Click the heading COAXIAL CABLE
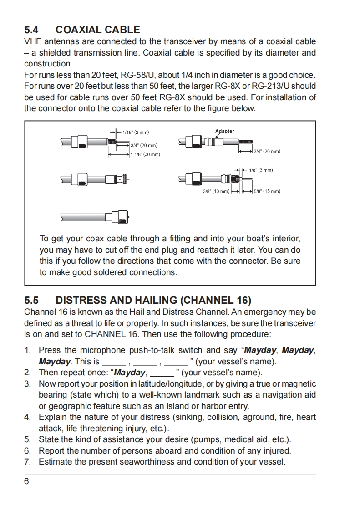97,30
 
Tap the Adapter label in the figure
224,131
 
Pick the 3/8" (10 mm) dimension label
216,191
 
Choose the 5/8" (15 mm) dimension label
267,191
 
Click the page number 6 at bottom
26,482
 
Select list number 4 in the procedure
27,417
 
